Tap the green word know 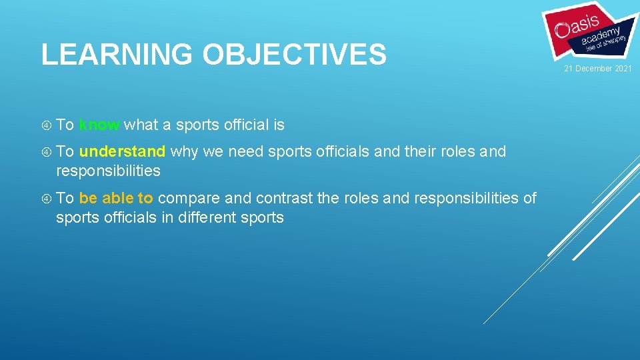pyautogui.click(x=99, y=125)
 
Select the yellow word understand pyautogui.click(x=122, y=151)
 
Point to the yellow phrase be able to pyautogui.click(x=116, y=198)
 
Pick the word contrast pyautogui.click(x=283, y=198)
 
